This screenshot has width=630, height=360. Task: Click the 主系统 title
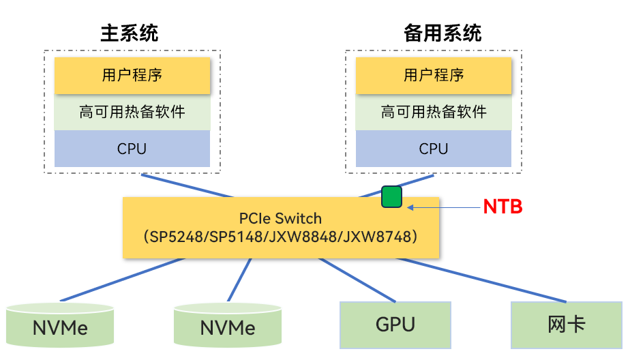coord(129,33)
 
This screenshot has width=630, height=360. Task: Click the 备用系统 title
coord(442,33)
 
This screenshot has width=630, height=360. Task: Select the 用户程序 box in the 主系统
coord(132,75)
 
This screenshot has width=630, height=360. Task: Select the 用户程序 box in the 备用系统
coord(434,75)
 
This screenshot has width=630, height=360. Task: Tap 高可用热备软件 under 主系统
coord(132,112)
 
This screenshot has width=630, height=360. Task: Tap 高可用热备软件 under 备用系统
coord(434,112)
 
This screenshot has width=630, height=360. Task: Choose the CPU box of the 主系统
coord(132,149)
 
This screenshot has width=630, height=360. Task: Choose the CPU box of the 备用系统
coord(434,149)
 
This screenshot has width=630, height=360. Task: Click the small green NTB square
coord(391,197)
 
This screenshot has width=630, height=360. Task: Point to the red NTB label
coord(502,207)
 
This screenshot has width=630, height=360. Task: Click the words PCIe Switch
coord(280,219)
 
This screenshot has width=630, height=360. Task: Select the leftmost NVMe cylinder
coord(60,327)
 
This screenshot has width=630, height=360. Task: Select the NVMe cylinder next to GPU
coord(228,327)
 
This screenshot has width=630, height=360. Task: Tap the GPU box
coord(395,325)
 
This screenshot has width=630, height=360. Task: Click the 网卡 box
coord(566,325)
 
